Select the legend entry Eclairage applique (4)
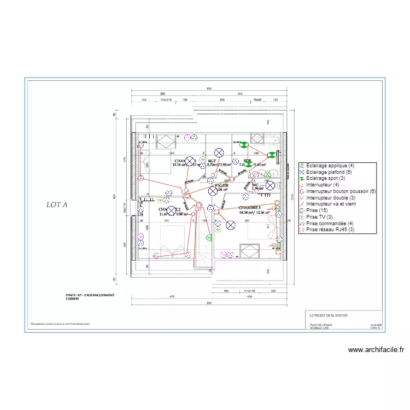point(330,166)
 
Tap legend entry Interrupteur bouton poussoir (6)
point(341,192)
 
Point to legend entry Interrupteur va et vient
point(331,204)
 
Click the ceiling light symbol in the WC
point(270,186)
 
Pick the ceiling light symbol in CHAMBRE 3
point(231,224)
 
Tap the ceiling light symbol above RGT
point(219,153)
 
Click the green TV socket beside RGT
point(203,161)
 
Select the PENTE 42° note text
point(91,295)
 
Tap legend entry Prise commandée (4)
point(330,224)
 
